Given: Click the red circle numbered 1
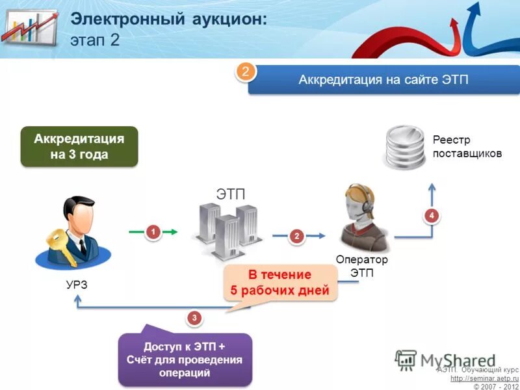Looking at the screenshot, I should (x=152, y=231).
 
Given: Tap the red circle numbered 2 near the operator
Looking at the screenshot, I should (x=297, y=237).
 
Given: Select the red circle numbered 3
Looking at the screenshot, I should (x=194, y=318).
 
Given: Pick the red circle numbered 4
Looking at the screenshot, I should (x=431, y=215).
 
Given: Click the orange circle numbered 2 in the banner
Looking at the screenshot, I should (x=245, y=73).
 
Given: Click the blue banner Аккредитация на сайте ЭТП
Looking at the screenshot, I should (x=383, y=80).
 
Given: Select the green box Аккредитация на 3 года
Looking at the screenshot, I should (x=79, y=147).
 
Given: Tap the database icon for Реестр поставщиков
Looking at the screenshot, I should (x=404, y=148).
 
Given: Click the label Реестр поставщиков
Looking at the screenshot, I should (x=467, y=147).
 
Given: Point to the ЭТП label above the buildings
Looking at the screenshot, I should (x=231, y=193).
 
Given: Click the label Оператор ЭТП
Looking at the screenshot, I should (x=361, y=266).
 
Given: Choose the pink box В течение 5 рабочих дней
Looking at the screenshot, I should (x=280, y=283).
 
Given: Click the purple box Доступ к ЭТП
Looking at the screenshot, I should (x=185, y=359).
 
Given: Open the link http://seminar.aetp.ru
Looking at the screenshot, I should (x=484, y=378).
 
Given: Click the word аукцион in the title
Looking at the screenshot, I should (x=218, y=19).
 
